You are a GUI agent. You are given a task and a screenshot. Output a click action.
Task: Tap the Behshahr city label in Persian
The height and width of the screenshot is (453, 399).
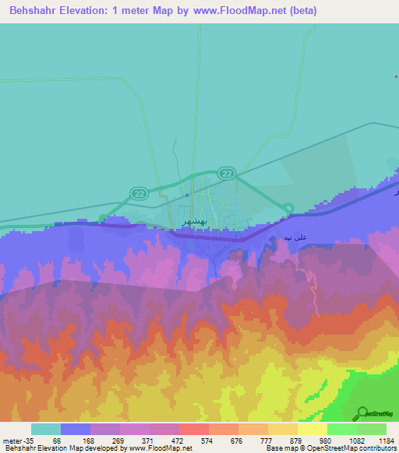pyautogui.click(x=196, y=221)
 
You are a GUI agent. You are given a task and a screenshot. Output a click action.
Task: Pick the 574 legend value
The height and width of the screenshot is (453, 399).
pyautogui.click(x=207, y=441)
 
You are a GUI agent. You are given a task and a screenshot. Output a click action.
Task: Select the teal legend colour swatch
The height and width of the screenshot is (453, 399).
pyautogui.click(x=45, y=429)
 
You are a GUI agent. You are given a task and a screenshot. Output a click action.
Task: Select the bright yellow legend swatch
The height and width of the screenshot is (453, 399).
pyautogui.click(x=312, y=429)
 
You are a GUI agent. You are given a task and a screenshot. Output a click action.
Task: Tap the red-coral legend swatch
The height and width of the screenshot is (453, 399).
pyautogui.click(x=193, y=429)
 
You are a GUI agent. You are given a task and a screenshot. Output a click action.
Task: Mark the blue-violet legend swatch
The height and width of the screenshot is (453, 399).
pyautogui.click(x=75, y=429)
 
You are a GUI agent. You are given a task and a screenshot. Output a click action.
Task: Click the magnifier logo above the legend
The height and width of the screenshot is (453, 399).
pyautogui.click(x=362, y=413)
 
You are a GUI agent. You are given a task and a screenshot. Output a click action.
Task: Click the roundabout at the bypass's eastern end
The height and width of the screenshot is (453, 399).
pyautogui.click(x=288, y=208)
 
